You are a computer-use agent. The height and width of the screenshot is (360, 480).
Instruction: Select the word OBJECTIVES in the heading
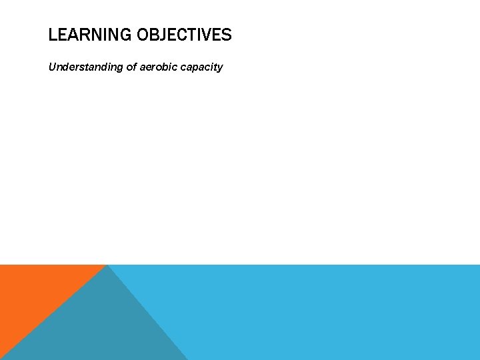184,35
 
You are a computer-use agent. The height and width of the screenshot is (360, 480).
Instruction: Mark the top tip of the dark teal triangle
108,267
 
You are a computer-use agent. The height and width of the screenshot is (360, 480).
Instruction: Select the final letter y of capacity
220,68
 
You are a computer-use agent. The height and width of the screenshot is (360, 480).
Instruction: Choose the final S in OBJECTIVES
227,35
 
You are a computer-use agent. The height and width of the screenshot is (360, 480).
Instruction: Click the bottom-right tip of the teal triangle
187,358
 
